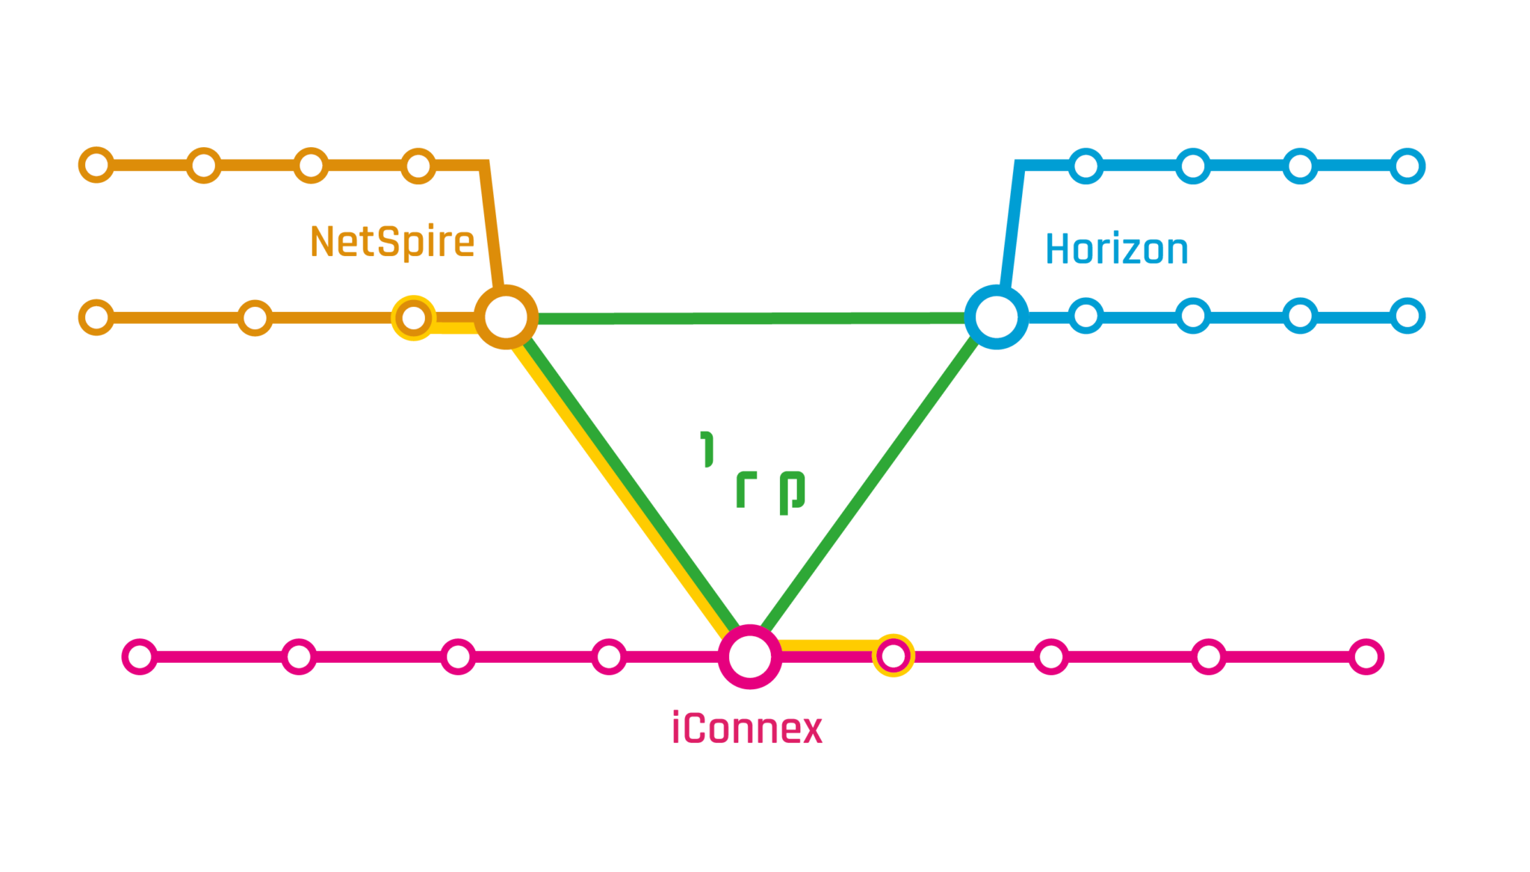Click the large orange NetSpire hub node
(506, 317)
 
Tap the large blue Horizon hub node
(996, 317)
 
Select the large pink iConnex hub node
(749, 657)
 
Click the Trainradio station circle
(96, 165)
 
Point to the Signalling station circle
(418, 166)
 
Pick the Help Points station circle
(96, 317)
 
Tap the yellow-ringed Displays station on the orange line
(413, 317)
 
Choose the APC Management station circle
(1407, 166)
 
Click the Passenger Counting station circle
(1407, 316)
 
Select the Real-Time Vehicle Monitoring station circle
(140, 657)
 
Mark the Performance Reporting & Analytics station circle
(1366, 657)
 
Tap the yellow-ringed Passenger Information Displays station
(893, 656)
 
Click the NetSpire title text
(392, 242)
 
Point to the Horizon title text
(1116, 249)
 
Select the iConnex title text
(747, 728)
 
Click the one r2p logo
(746, 470)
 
